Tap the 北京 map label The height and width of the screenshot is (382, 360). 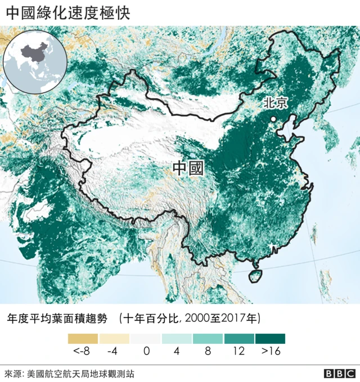point(275,103)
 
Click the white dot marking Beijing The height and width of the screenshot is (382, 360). point(273,119)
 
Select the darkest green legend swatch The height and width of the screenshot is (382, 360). point(270,339)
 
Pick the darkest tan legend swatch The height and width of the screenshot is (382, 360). point(83,339)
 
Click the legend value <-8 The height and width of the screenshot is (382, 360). point(82,352)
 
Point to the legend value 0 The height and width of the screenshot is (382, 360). point(146,352)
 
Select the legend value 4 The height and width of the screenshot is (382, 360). point(177,352)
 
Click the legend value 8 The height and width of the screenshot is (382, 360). point(208,352)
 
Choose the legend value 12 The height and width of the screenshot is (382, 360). point(238,352)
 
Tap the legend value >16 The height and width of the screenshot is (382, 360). point(271,352)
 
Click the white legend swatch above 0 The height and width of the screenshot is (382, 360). point(146,339)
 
